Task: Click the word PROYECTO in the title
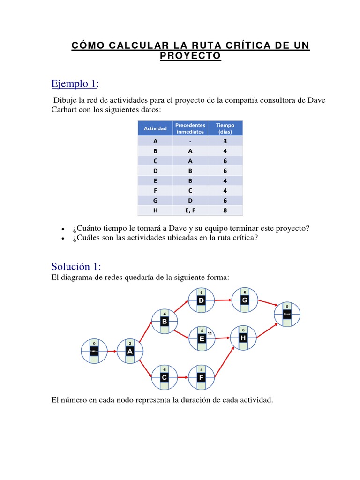point(190,56)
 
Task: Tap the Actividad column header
point(155,128)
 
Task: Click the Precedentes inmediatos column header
point(190,128)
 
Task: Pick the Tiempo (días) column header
point(225,128)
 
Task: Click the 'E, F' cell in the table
point(190,210)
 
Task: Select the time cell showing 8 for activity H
point(225,210)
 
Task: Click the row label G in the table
point(155,201)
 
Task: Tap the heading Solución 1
point(76,267)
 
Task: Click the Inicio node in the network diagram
point(94,351)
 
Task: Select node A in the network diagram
point(130,351)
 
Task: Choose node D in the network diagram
point(202,300)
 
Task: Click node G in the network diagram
point(244,300)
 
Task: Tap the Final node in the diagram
point(287,315)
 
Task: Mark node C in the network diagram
point(165,377)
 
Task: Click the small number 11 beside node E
point(210,333)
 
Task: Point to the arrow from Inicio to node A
point(112,351)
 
